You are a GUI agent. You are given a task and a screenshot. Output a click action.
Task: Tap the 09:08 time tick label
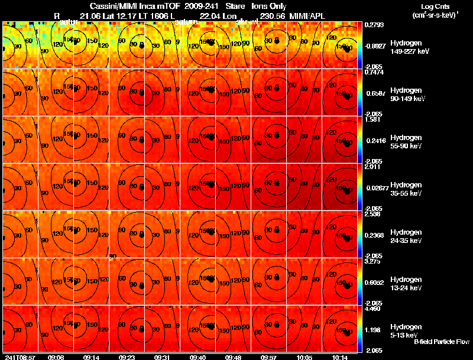[x=56, y=357]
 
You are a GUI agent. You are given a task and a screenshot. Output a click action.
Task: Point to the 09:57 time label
[x=269, y=357]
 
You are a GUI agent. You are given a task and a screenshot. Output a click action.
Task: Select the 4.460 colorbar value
[x=372, y=309]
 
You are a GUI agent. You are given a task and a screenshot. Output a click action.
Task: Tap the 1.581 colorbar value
[x=372, y=119]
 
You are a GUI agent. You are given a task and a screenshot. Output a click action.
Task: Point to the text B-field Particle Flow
[x=442, y=342]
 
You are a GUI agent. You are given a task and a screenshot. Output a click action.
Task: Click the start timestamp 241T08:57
[x=20, y=357]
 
